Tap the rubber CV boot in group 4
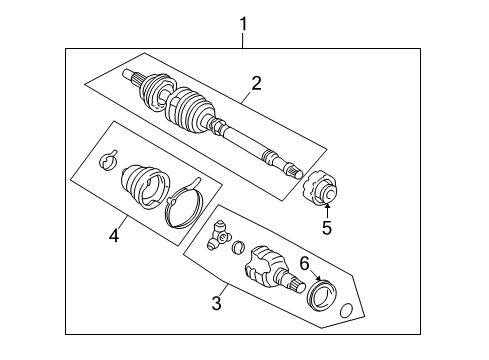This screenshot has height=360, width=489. click(x=141, y=190)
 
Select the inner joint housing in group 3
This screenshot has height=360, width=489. click(x=267, y=268)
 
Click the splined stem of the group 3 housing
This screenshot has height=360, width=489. click(x=296, y=285)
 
